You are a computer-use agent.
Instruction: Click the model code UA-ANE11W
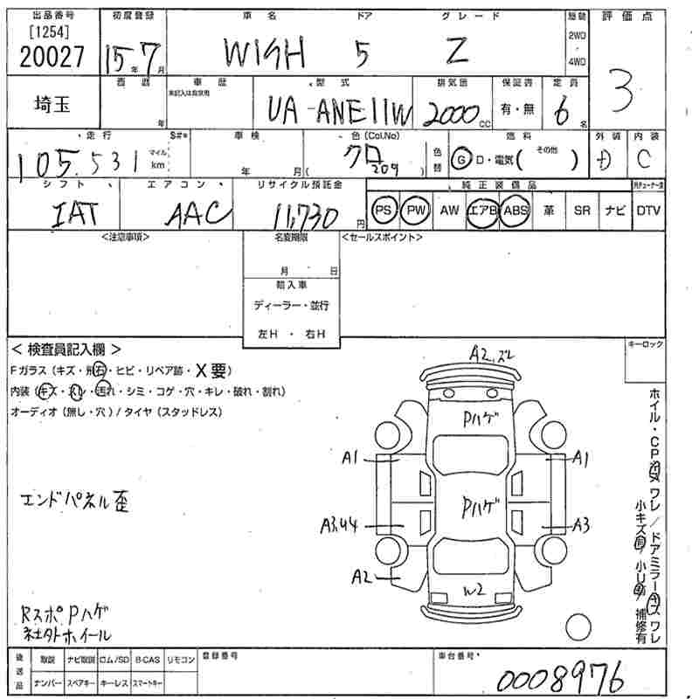point(333,109)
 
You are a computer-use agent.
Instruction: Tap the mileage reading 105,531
point(85,163)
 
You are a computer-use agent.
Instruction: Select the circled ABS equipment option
point(516,211)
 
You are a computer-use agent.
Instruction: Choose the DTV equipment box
point(648,211)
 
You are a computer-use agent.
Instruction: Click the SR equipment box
point(582,211)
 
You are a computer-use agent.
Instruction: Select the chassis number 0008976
point(560,677)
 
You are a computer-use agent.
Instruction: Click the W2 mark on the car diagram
point(474,591)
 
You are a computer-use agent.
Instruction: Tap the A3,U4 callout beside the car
point(340,524)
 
